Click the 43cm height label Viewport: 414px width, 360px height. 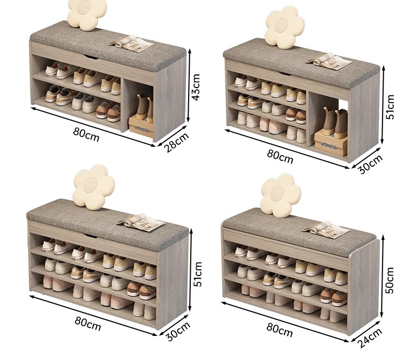(x=197, y=87)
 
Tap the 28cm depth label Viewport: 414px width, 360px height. (x=177, y=142)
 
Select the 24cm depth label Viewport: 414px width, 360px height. (x=369, y=338)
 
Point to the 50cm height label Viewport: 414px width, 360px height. (x=390, y=280)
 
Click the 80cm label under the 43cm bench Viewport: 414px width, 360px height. (x=86, y=135)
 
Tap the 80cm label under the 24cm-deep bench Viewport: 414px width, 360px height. (x=280, y=331)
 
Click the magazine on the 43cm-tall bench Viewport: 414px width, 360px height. (x=131, y=43)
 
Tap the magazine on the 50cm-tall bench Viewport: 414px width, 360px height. (x=326, y=230)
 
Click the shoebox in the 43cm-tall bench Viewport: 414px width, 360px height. (x=141, y=127)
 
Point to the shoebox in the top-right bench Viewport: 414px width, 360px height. (x=331, y=143)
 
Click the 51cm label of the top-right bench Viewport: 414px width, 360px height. (x=390, y=106)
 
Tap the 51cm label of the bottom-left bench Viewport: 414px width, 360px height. (x=198, y=274)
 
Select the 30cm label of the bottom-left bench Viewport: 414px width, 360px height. (x=178, y=331)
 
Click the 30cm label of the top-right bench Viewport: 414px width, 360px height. (x=370, y=164)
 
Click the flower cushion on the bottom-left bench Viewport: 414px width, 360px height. (x=93, y=187)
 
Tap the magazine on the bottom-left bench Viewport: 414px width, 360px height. (x=141, y=223)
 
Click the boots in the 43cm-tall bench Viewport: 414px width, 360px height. (x=145, y=108)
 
